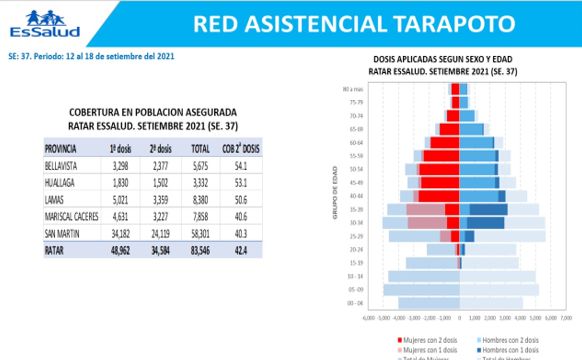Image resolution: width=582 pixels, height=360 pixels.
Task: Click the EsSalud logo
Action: point(29,23)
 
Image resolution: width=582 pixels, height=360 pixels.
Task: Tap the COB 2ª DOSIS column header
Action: point(239,148)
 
